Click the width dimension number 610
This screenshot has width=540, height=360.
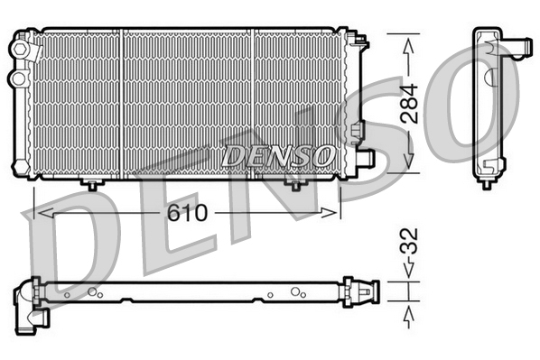coord(187,214)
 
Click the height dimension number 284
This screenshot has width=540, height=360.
coord(410,104)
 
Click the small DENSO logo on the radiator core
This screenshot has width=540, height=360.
coord(277,155)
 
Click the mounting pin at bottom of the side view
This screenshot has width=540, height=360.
coord(487,181)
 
